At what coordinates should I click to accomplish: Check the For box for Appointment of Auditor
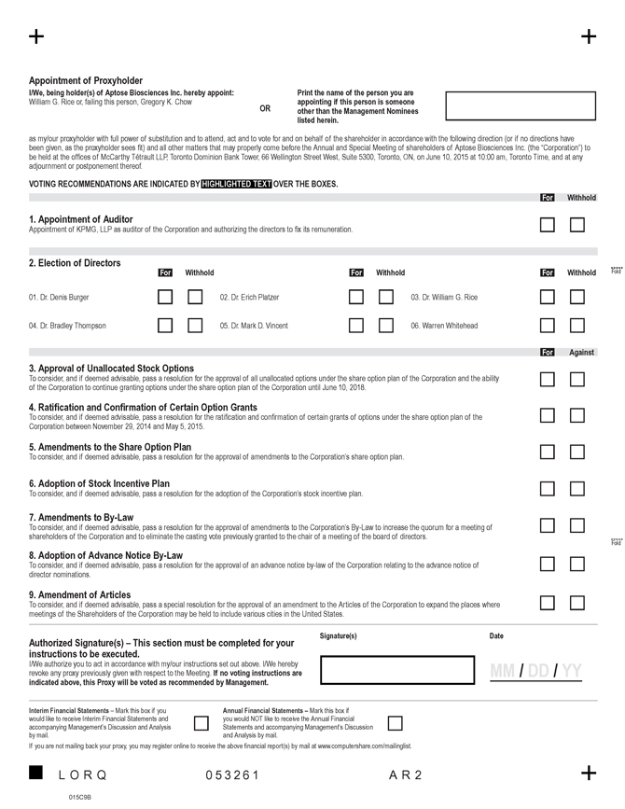pos(548,225)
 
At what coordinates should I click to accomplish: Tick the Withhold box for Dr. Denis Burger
pos(195,298)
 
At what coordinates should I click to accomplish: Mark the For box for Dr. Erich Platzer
pos(356,298)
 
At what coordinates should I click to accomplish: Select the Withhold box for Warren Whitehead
pos(577,326)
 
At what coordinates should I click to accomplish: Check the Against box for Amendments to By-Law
pos(577,526)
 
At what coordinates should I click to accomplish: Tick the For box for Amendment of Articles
pos(548,602)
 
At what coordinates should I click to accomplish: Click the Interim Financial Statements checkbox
pos(201,723)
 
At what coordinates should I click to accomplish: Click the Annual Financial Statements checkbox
pos(395,723)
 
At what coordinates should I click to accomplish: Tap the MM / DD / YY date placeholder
pos(535,671)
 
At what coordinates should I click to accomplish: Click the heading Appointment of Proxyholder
pos(86,81)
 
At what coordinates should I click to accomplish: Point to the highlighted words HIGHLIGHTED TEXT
pos(237,184)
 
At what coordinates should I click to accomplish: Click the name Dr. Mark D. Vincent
pos(254,326)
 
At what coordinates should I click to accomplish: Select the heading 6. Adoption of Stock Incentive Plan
pos(99,483)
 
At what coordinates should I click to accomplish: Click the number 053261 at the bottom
pos(232,775)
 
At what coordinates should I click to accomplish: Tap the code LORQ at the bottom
pos(83,775)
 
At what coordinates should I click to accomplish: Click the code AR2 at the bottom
pos(406,775)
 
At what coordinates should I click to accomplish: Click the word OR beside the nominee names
pos(265,108)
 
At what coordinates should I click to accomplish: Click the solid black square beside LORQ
pos(36,773)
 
